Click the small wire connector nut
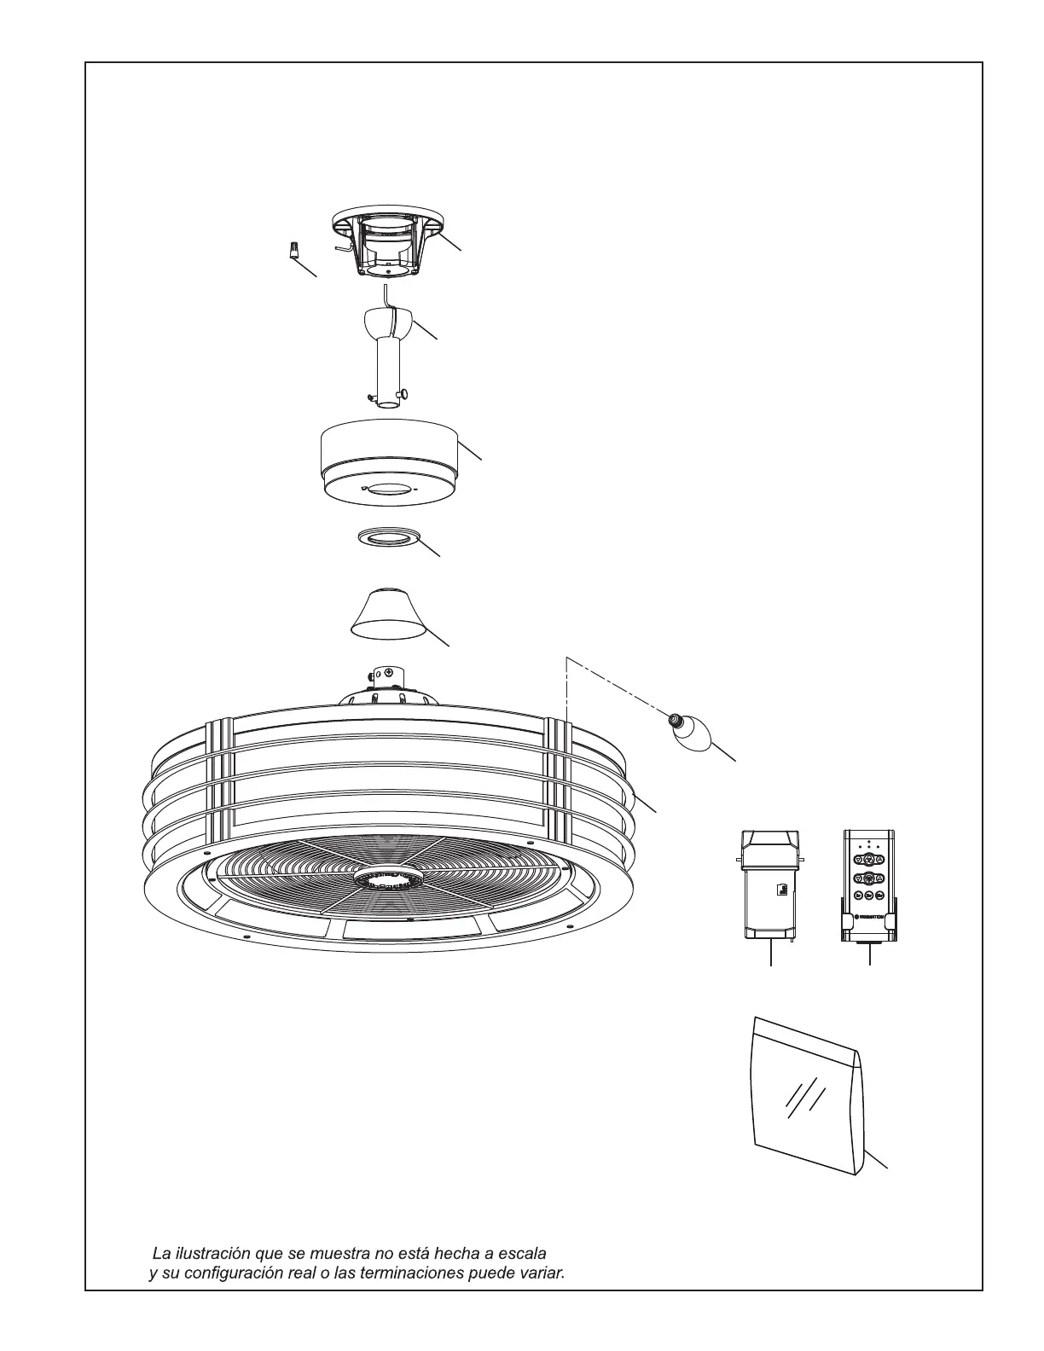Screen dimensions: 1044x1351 292,252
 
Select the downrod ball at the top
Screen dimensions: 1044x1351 388,323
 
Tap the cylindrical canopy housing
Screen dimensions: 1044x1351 389,461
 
